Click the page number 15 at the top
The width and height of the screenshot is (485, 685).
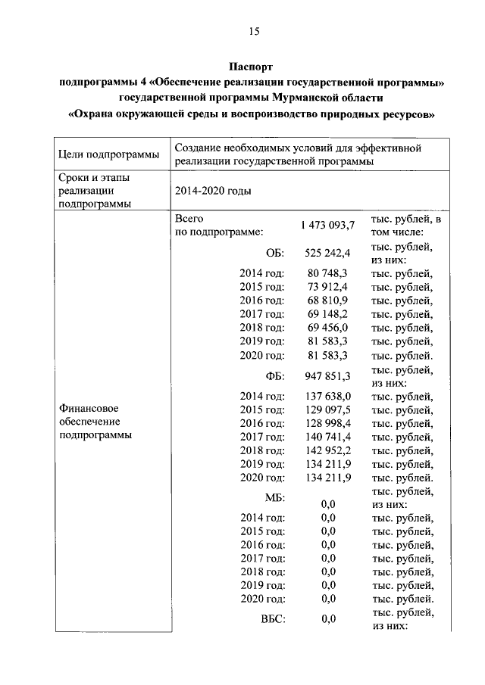[253, 31]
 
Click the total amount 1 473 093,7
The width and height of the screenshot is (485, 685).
[327, 226]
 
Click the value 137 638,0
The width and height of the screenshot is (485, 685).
[327, 397]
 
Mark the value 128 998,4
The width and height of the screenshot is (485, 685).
[327, 424]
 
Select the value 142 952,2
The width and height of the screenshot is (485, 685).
[327, 451]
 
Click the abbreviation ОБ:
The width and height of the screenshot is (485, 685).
[275, 253]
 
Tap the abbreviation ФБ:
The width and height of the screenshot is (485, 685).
[274, 376]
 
